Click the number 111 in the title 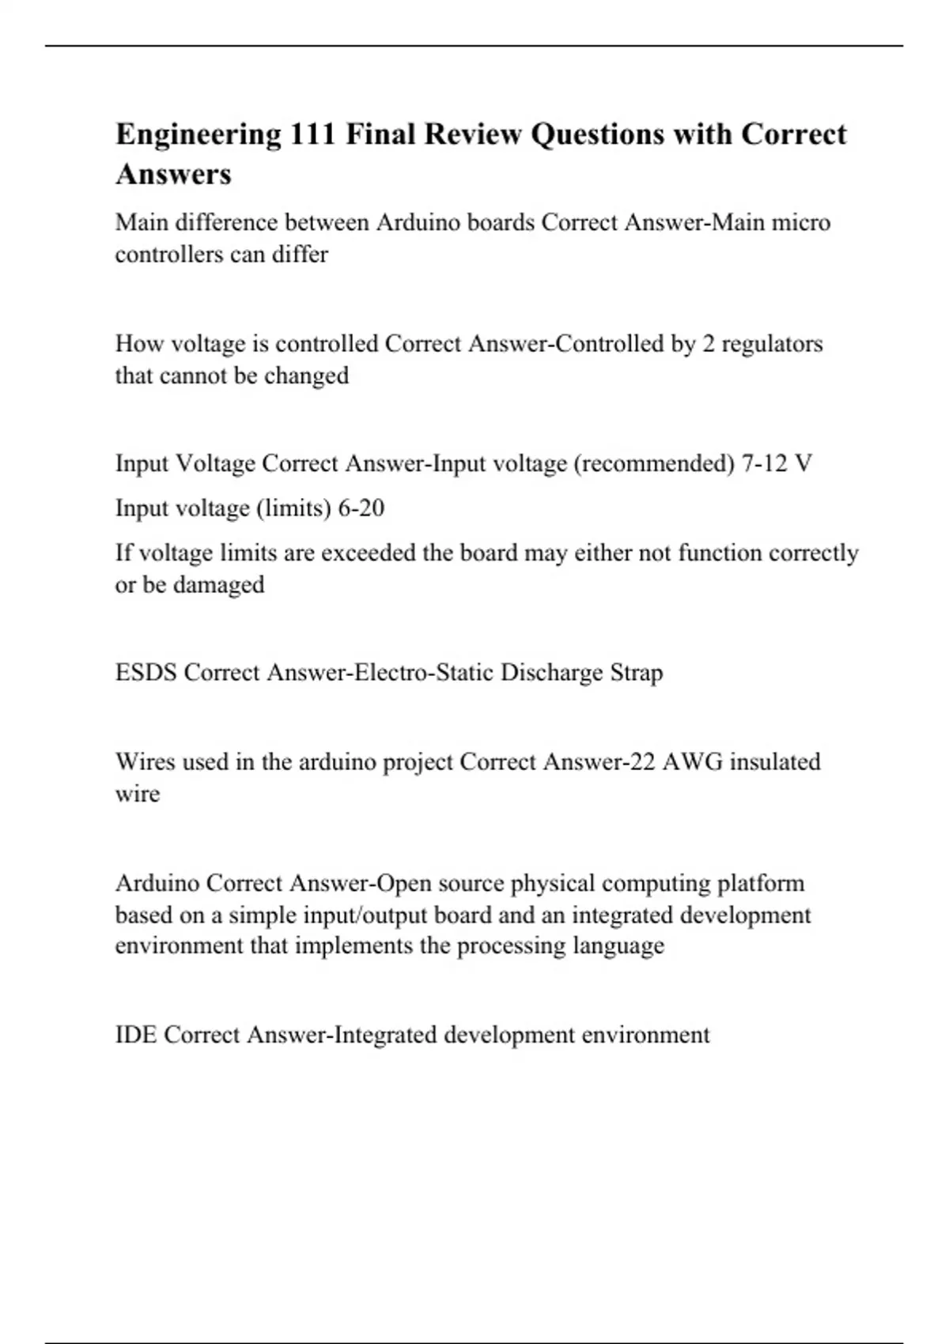tap(313, 134)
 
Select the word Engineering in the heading tap(198, 134)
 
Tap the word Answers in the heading tap(173, 174)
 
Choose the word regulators tap(772, 344)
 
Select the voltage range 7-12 tap(765, 463)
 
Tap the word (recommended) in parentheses tap(654, 463)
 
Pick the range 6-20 tap(361, 508)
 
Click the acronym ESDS tap(146, 673)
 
